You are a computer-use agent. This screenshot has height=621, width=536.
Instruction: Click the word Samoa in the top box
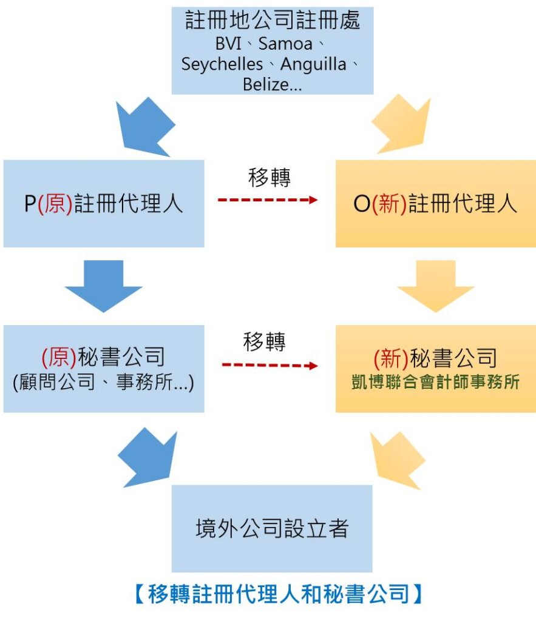pyautogui.click(x=285, y=44)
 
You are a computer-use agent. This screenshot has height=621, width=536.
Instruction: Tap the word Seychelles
pyautogui.click(x=222, y=64)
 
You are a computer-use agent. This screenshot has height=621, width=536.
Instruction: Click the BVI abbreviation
pyautogui.click(x=228, y=44)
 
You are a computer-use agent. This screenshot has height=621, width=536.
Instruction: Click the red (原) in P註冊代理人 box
pyautogui.click(x=55, y=204)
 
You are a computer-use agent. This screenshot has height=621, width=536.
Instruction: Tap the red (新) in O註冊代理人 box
pyautogui.click(x=388, y=204)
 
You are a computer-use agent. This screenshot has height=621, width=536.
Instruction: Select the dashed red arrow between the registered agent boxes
pyautogui.click(x=268, y=200)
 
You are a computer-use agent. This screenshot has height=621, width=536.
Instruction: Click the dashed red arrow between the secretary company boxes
pyautogui.click(x=270, y=366)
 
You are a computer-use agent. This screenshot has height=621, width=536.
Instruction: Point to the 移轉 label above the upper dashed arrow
pyautogui.click(x=269, y=177)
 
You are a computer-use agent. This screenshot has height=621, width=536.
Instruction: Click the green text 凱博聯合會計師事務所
pyautogui.click(x=435, y=383)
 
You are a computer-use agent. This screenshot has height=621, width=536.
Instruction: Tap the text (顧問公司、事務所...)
pyautogui.click(x=103, y=383)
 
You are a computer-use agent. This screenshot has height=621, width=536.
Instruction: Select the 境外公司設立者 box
pyautogui.click(x=272, y=528)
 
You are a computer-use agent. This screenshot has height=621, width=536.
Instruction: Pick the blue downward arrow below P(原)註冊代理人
pyautogui.click(x=103, y=285)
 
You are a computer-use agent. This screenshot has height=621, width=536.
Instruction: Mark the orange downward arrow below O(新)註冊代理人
pyautogui.click(x=435, y=285)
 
